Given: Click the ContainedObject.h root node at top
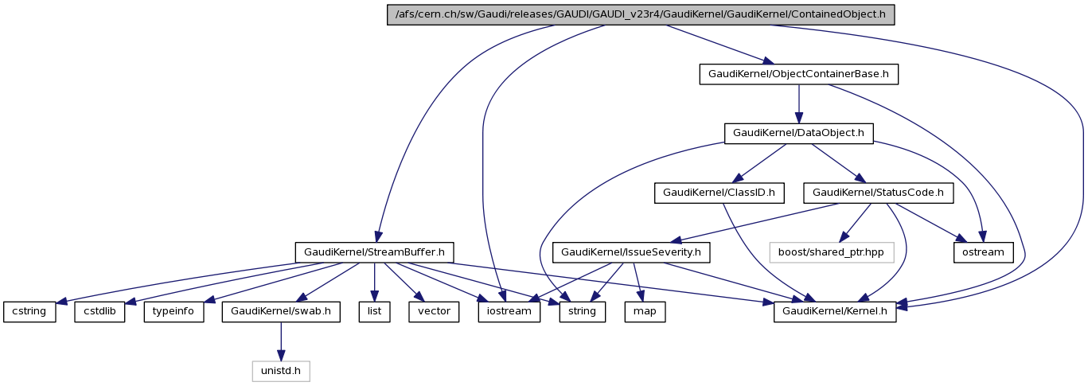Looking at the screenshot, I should [641, 15].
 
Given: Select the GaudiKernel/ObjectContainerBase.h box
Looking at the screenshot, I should [799, 75].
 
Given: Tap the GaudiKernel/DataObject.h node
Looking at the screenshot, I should [798, 133].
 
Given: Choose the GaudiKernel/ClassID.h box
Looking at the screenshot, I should [719, 193].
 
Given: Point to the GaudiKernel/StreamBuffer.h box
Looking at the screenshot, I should [374, 252].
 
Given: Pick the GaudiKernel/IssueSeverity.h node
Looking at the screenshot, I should [631, 252].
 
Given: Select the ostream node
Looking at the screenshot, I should [983, 252].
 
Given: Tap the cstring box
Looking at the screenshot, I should [29, 311].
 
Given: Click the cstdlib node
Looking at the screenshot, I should [100, 311].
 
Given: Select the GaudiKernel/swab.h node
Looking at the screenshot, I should [282, 311].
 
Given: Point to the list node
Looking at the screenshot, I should [374, 311].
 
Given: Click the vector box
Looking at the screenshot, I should [434, 311].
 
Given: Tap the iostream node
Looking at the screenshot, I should [509, 311].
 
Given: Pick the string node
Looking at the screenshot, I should [582, 311].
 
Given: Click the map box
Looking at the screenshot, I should [645, 311].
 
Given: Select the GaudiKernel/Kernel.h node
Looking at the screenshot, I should [836, 311].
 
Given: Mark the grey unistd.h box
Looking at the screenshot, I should [281, 371].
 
